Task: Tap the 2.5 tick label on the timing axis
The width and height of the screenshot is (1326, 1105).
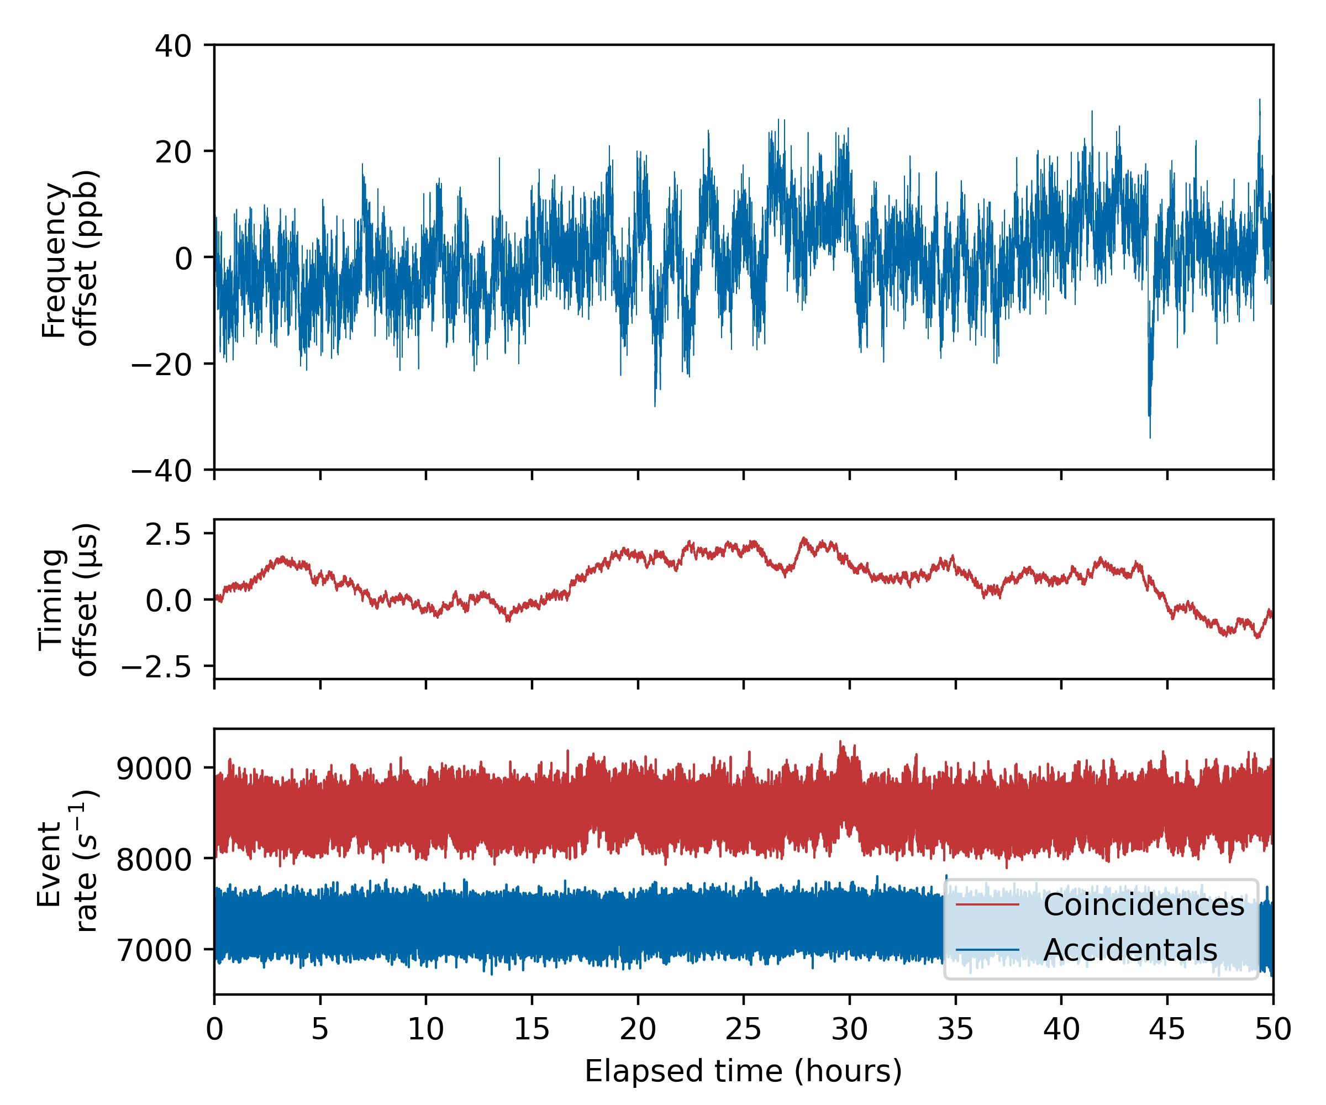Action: pyautogui.click(x=168, y=535)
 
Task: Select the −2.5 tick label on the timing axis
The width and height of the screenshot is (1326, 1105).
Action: pyautogui.click(x=156, y=667)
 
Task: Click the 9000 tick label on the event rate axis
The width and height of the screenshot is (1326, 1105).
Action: pyautogui.click(x=154, y=769)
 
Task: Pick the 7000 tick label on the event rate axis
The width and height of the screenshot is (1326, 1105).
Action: pyautogui.click(x=154, y=950)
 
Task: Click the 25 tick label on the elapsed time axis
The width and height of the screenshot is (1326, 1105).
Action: pyautogui.click(x=743, y=1030)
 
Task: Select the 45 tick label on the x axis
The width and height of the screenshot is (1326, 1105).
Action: pyautogui.click(x=1167, y=1030)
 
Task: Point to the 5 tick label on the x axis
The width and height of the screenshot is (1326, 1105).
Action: pyautogui.click(x=320, y=1030)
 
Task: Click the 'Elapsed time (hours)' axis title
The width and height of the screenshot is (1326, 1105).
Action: pyautogui.click(x=743, y=1071)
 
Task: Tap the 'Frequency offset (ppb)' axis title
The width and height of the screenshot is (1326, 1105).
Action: pyautogui.click(x=70, y=257)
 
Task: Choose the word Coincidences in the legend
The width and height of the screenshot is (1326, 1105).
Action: pyautogui.click(x=1144, y=905)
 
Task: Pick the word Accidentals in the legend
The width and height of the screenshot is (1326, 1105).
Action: pyautogui.click(x=1130, y=950)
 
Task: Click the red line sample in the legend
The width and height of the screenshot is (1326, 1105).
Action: pyautogui.click(x=987, y=905)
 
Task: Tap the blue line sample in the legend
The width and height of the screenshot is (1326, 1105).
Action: pyautogui.click(x=987, y=950)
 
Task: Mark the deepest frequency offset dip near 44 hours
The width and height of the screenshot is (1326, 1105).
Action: pyautogui.click(x=1150, y=436)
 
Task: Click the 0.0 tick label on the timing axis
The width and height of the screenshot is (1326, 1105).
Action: pyautogui.click(x=168, y=601)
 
